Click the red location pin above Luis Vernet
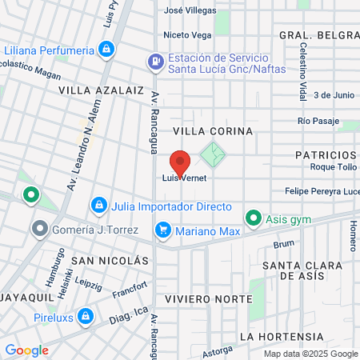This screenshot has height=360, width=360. point(180,161)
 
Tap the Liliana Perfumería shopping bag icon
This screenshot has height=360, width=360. point(106,50)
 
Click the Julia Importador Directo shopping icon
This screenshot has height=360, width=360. point(98,206)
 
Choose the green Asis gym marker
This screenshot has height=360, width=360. point(253,217)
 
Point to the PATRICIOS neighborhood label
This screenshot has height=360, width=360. point(324,154)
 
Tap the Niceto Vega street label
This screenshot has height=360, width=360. point(187,35)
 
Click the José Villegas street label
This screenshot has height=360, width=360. point(189,11)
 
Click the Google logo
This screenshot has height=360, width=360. point(26,350)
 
